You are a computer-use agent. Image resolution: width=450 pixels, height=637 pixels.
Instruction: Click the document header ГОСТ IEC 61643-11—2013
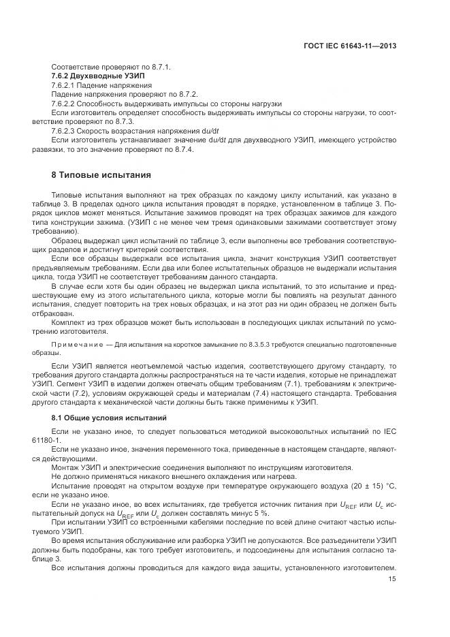point(351,46)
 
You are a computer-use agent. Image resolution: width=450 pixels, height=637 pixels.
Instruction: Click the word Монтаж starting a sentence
point(67,467)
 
